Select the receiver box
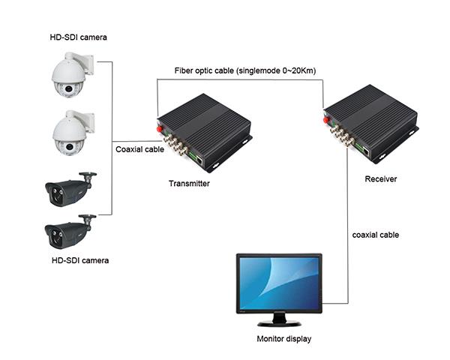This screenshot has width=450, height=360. click(x=367, y=120)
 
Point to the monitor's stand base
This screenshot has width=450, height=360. click(x=279, y=323)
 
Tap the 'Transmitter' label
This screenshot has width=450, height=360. click(x=189, y=184)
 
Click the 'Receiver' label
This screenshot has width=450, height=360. click(x=380, y=179)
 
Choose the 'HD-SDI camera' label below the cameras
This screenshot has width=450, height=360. click(x=79, y=260)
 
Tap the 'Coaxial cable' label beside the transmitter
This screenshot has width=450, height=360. click(x=140, y=149)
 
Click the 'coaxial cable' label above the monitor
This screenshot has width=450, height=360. click(x=375, y=235)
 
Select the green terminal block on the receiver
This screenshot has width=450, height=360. click(x=367, y=148)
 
